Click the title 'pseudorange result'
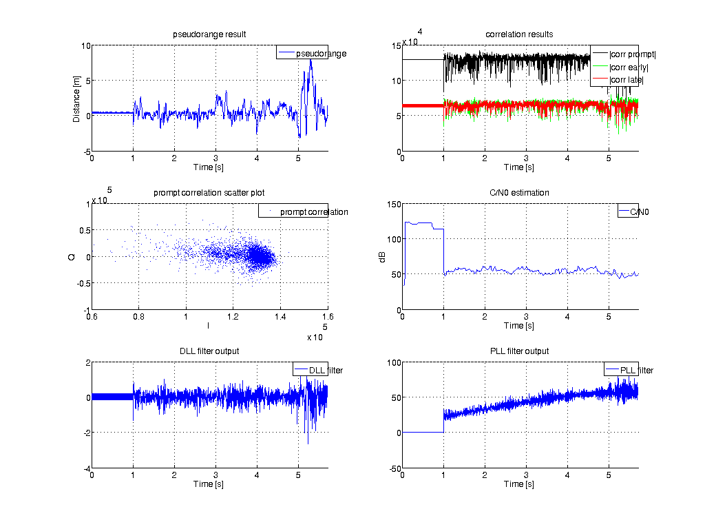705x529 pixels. pyautogui.click(x=209, y=34)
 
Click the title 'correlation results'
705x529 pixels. pyautogui.click(x=519, y=34)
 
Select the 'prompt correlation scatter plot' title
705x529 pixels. pyautogui.click(x=209, y=193)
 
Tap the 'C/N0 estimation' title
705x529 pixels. pyautogui.click(x=519, y=193)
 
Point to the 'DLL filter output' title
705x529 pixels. pyautogui.click(x=209, y=351)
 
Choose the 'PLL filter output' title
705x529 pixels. pyautogui.click(x=519, y=351)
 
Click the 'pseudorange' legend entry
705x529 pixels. pyautogui.click(x=321, y=54)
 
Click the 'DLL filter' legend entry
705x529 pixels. pyautogui.click(x=326, y=371)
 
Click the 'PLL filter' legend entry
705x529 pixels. pyautogui.click(x=636, y=371)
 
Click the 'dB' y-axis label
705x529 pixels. pyautogui.click(x=383, y=256)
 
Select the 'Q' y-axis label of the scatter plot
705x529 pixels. pyautogui.click(x=72, y=256)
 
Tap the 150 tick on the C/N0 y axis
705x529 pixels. pyautogui.click(x=391, y=204)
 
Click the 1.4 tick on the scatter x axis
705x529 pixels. pyautogui.click(x=280, y=317)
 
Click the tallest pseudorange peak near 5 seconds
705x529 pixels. pyautogui.click(x=311, y=60)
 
